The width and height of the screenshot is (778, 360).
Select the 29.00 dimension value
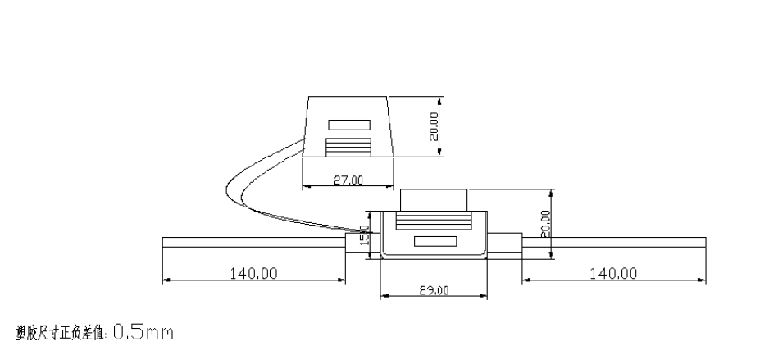tap(434, 290)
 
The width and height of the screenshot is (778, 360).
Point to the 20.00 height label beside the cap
tap(434, 127)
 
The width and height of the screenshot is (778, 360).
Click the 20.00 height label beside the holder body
tap(546, 222)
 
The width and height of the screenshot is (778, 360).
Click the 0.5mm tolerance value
tap(143, 333)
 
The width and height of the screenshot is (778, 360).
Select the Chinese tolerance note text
tap(61, 333)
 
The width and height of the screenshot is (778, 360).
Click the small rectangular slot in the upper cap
tap(349, 125)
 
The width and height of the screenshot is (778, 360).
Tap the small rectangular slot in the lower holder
tap(434, 241)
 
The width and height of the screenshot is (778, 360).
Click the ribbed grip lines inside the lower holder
tap(434, 221)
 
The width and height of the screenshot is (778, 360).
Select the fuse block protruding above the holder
tap(434, 198)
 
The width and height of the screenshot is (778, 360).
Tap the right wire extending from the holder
tap(615, 241)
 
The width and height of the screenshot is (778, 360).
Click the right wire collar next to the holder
tap(509, 243)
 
